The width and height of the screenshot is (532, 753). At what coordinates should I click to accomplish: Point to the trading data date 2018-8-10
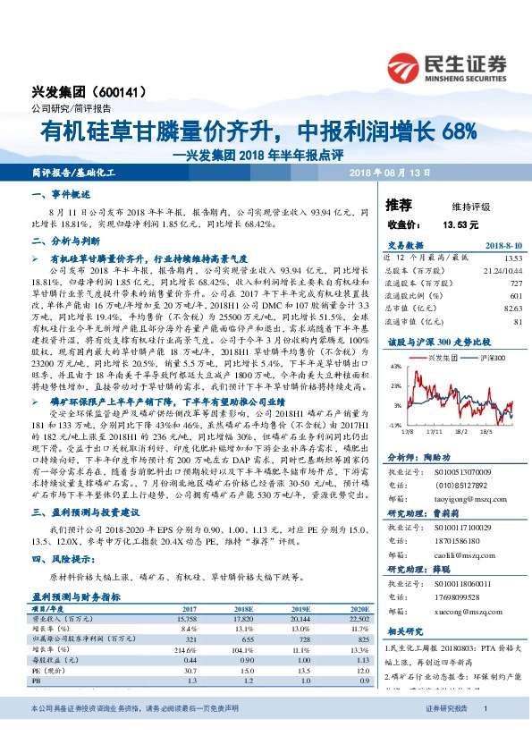point(502,245)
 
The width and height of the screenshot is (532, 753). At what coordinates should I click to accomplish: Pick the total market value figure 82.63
point(510,308)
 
